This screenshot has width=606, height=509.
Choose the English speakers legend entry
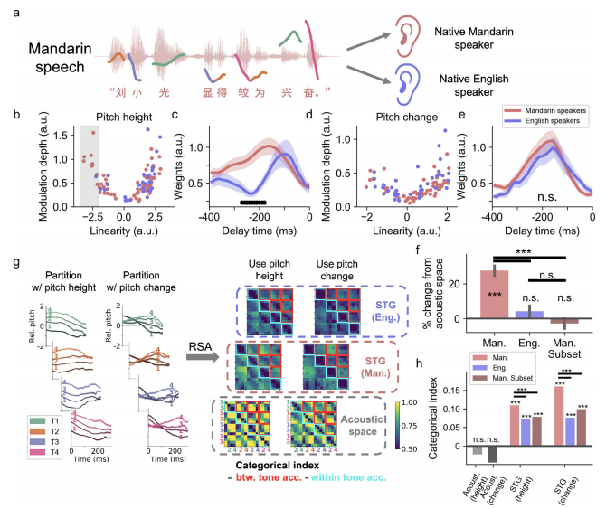click(x=542, y=132)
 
